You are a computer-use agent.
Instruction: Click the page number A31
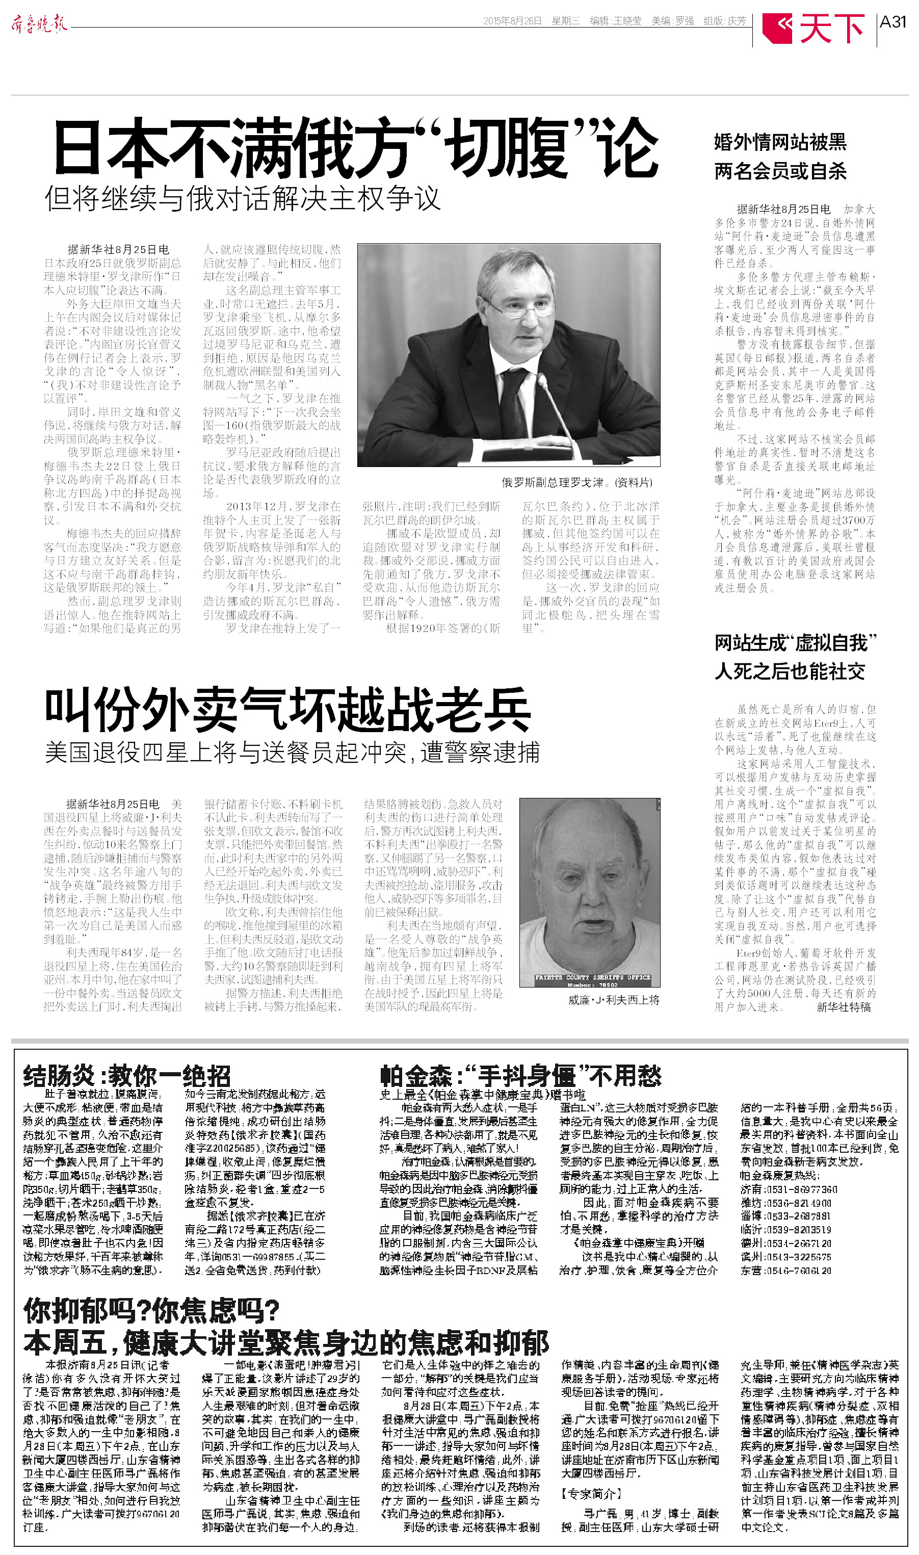[x=892, y=22]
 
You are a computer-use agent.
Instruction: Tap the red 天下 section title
[x=831, y=28]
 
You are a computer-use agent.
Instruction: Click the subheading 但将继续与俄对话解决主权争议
[x=242, y=198]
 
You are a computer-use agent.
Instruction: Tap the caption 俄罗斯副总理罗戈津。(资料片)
[x=576, y=482]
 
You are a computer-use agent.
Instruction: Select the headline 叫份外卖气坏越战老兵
[x=287, y=710]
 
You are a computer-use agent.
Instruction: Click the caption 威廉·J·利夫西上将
[x=614, y=999]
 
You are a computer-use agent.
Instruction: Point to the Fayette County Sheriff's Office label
[x=592, y=977]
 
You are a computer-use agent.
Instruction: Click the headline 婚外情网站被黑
[x=780, y=142]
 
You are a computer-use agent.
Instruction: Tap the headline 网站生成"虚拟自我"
[x=795, y=643]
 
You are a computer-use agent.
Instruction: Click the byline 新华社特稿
[x=843, y=1007]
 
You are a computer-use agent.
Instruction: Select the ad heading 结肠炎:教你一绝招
[x=126, y=1076]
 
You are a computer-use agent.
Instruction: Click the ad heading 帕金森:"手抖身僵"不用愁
[x=520, y=1076]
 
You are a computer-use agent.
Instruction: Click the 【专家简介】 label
[x=591, y=1494]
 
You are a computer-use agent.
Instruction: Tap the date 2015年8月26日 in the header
[x=512, y=21]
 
